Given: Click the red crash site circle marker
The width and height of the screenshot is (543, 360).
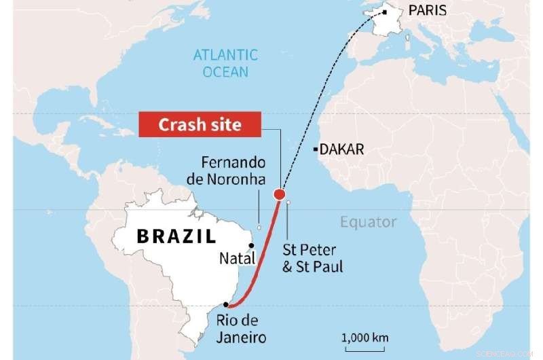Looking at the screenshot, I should tap(279, 196).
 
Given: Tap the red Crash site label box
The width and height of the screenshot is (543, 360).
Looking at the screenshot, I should tap(200, 125).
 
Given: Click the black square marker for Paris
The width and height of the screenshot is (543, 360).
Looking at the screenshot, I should tap(384, 12).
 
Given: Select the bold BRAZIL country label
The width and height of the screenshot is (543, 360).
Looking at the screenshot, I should tap(176, 236).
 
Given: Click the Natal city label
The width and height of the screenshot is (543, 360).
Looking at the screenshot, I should tap(237, 258).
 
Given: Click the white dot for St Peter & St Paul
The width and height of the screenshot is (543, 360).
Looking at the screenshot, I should tap(288, 202).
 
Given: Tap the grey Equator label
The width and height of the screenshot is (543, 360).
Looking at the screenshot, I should tap(368, 222).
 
